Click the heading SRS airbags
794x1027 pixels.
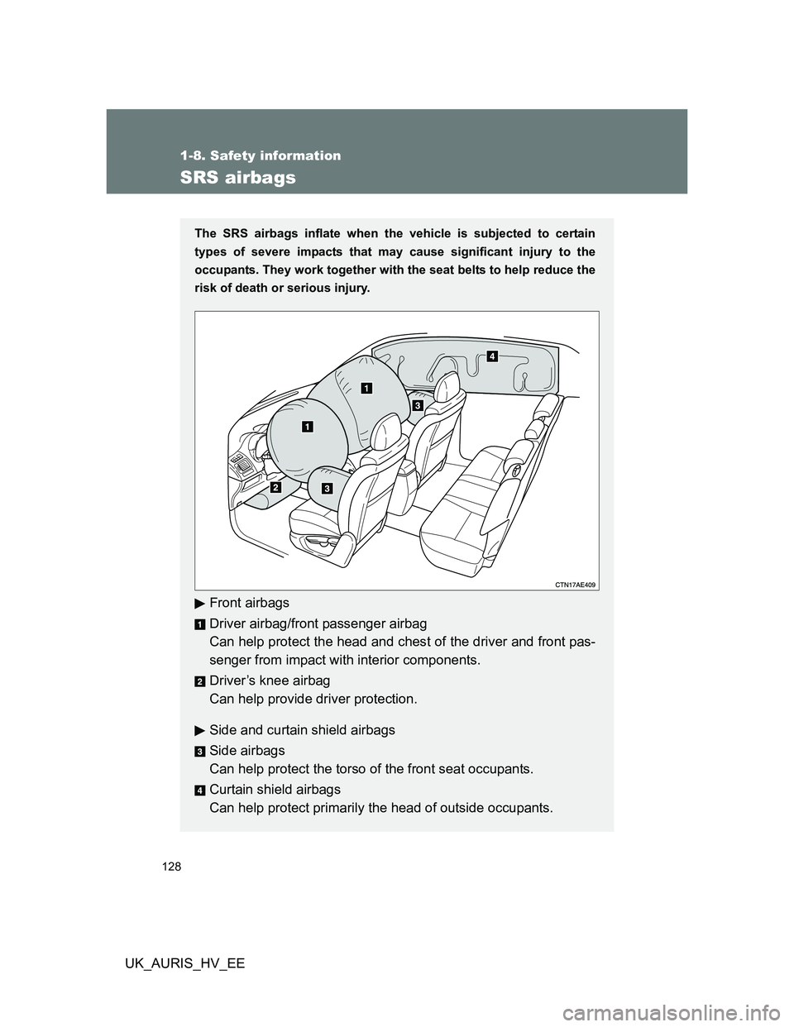pyautogui.click(x=238, y=177)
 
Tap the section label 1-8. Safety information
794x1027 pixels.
pyautogui.click(x=261, y=155)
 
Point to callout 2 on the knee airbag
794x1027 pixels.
pyautogui.click(x=275, y=489)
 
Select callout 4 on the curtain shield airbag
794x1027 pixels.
pyautogui.click(x=491, y=356)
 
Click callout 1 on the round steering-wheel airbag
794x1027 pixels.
pyautogui.click(x=307, y=427)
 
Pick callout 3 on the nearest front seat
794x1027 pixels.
pyautogui.click(x=328, y=488)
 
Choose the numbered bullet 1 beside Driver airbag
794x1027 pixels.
pyautogui.click(x=199, y=623)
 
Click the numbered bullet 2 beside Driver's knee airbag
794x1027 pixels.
pyautogui.click(x=199, y=681)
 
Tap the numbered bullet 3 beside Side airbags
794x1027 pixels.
pyautogui.click(x=199, y=751)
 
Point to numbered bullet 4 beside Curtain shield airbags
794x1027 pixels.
pyautogui.click(x=199, y=790)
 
